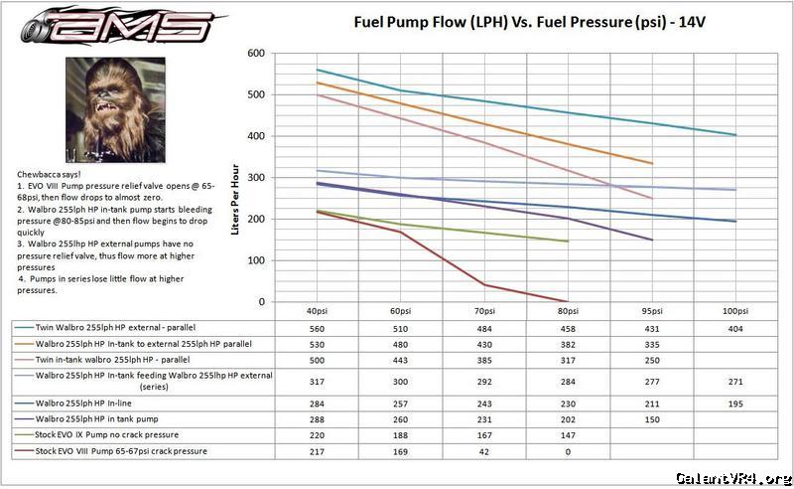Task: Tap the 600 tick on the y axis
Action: click(257, 54)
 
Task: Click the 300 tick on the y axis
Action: click(257, 177)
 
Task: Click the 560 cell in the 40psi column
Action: click(317, 329)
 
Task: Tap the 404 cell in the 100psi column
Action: click(734, 329)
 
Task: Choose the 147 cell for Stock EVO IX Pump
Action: click(567, 435)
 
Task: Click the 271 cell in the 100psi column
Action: click(734, 382)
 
